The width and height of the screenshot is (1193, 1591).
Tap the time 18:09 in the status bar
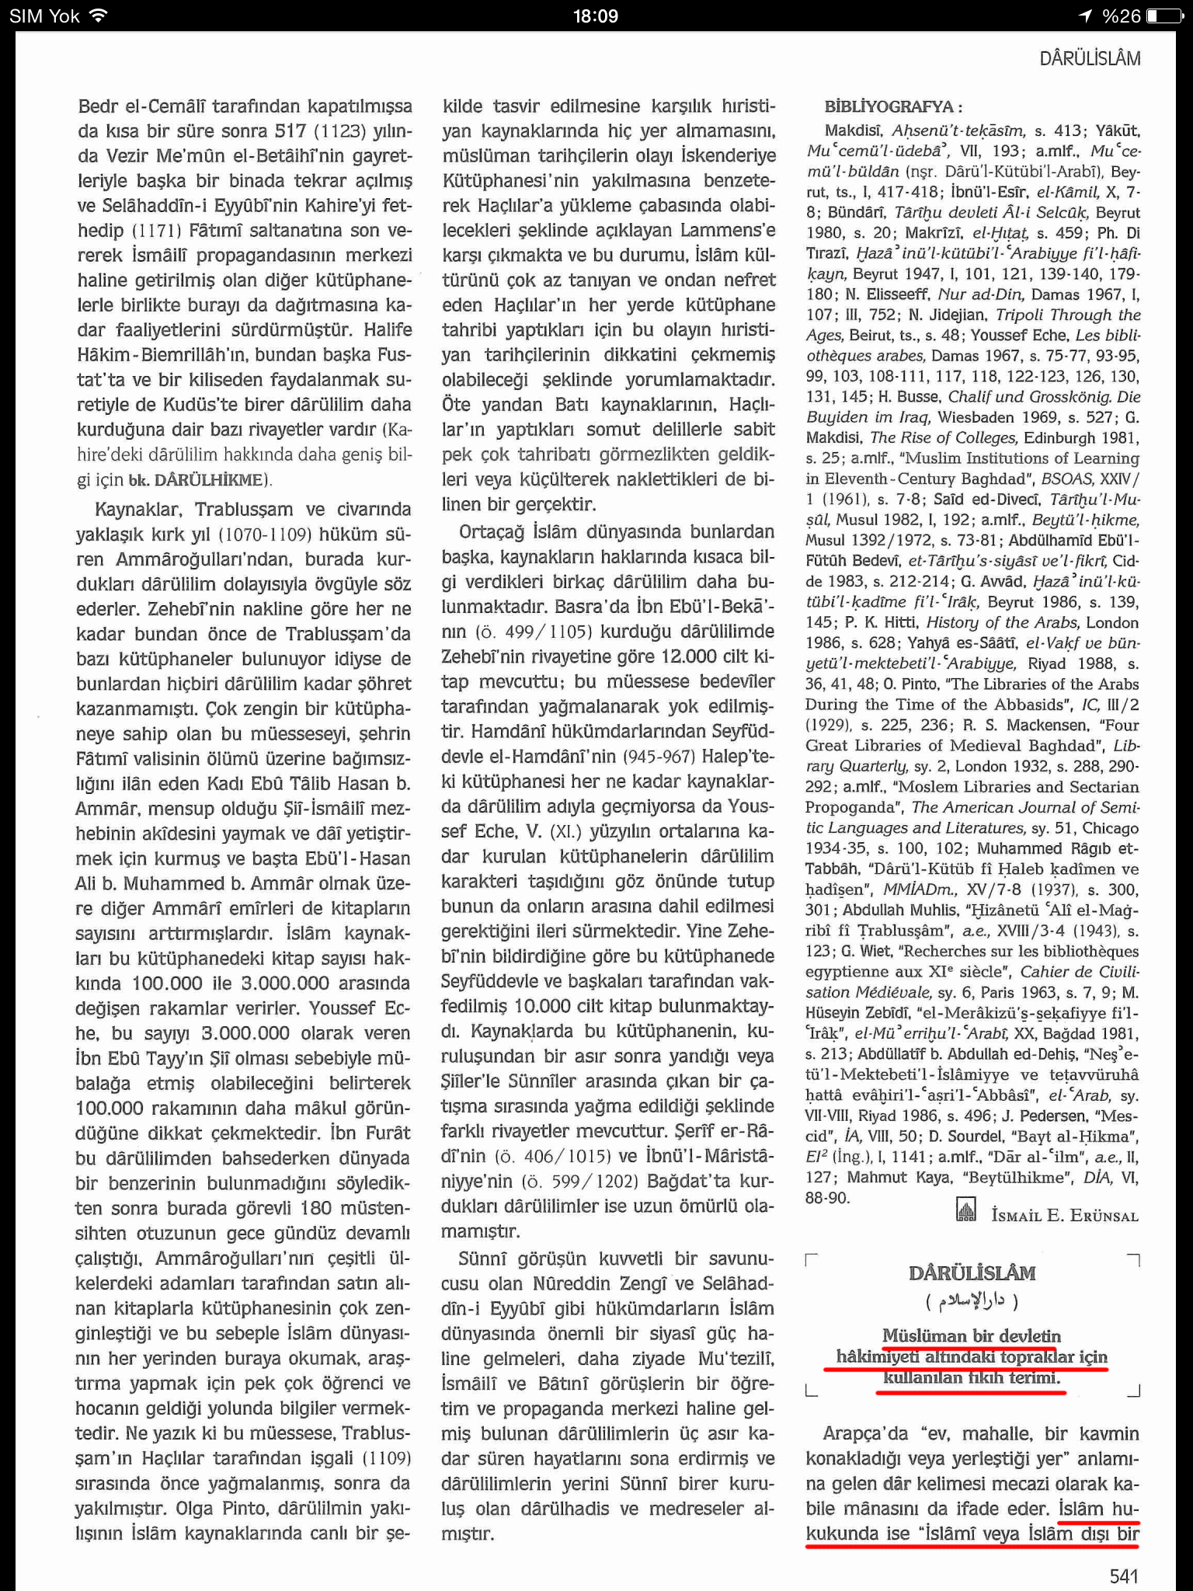tap(596, 16)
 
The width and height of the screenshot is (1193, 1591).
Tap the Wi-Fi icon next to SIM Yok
tap(98, 16)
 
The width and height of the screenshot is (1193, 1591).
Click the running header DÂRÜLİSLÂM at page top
tap(1090, 59)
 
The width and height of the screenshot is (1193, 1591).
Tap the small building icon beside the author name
tap(965, 1210)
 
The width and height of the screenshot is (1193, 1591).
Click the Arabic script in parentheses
tap(972, 1300)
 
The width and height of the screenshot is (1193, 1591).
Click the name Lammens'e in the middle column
tap(728, 231)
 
